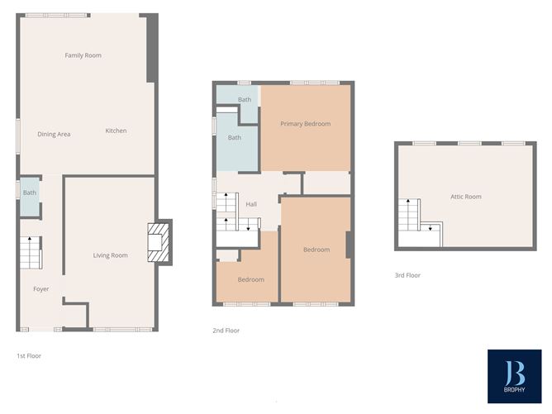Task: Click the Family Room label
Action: pos(83,55)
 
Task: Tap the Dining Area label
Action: pos(54,134)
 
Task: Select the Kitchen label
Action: pos(116,131)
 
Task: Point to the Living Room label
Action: pos(110,255)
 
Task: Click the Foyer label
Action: pos(41,289)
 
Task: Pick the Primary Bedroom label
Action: pos(305,124)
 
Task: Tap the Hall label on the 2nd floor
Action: pos(251,203)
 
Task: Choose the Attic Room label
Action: pos(465,197)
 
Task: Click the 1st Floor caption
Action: pos(29,356)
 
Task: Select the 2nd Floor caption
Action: pos(226,331)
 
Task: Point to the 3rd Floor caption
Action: pos(407,275)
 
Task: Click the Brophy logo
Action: pos(514,376)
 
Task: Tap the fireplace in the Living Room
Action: pos(159,241)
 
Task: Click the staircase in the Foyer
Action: pos(30,252)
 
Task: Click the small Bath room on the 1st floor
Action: pos(30,197)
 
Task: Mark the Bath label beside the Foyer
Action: pos(30,193)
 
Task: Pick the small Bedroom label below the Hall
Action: pos(251,279)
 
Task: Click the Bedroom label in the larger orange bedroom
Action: pos(316,250)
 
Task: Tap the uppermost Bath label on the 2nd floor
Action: pos(245,100)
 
